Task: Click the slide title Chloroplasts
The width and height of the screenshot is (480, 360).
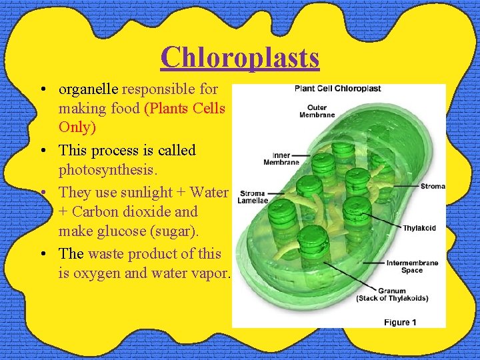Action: pyautogui.click(x=240, y=57)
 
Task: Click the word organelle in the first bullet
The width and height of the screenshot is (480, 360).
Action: pyautogui.click(x=89, y=88)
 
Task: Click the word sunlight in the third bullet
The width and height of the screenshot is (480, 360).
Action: pyautogui.click(x=143, y=192)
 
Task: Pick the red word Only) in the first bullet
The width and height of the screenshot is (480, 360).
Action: pyautogui.click(x=77, y=127)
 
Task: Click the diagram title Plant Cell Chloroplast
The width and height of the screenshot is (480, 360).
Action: pyautogui.click(x=337, y=88)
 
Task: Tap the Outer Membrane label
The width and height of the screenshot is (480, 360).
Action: pyautogui.click(x=317, y=111)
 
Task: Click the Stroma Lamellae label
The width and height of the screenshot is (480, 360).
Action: pyautogui.click(x=253, y=197)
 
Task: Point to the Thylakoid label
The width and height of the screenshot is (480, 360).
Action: pyautogui.click(x=419, y=228)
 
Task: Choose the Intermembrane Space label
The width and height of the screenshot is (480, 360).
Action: pyautogui.click(x=412, y=266)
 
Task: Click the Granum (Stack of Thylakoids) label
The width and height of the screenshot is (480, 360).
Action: pyautogui.click(x=392, y=295)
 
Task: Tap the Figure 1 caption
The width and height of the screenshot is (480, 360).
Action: pyautogui.click(x=401, y=322)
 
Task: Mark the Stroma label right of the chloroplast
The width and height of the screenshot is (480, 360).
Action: pyautogui.click(x=433, y=186)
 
